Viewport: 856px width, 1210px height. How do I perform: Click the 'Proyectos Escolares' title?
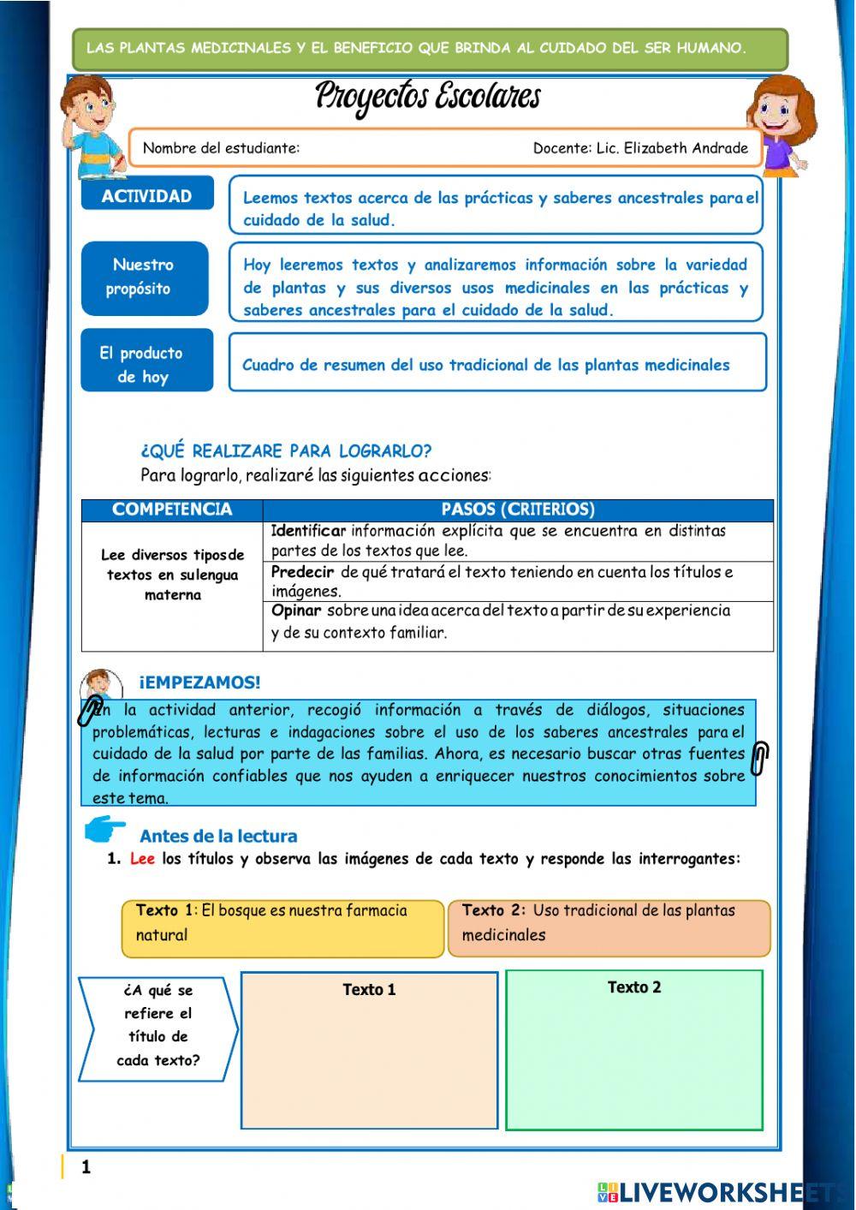tap(427, 96)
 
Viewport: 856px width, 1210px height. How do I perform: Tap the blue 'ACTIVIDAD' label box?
tap(146, 196)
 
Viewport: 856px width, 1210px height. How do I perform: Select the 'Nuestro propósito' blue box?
tap(144, 277)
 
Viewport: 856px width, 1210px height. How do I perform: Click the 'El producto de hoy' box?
tap(146, 364)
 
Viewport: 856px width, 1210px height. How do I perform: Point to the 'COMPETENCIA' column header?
tap(172, 510)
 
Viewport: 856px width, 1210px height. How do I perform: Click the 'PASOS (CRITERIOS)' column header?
tap(517, 510)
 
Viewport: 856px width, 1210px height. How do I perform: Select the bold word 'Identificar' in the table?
tap(308, 531)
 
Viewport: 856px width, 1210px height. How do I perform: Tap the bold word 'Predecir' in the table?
tap(302, 572)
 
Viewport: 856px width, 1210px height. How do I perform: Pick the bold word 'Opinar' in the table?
tap(296, 611)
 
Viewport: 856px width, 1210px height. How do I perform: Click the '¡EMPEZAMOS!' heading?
tap(199, 682)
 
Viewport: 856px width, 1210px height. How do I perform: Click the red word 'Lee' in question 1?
tap(142, 859)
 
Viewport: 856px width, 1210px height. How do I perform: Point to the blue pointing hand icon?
tap(106, 830)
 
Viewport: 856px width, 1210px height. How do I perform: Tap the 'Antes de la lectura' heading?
tap(218, 836)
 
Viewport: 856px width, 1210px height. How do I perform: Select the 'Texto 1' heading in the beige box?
tap(369, 990)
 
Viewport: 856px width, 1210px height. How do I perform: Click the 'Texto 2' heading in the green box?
tap(634, 987)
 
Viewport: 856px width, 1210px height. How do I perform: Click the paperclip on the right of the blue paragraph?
tap(759, 758)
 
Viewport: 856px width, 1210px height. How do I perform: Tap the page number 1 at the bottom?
tap(86, 1166)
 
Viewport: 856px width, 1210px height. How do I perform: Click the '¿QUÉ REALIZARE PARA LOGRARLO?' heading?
tap(286, 451)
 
